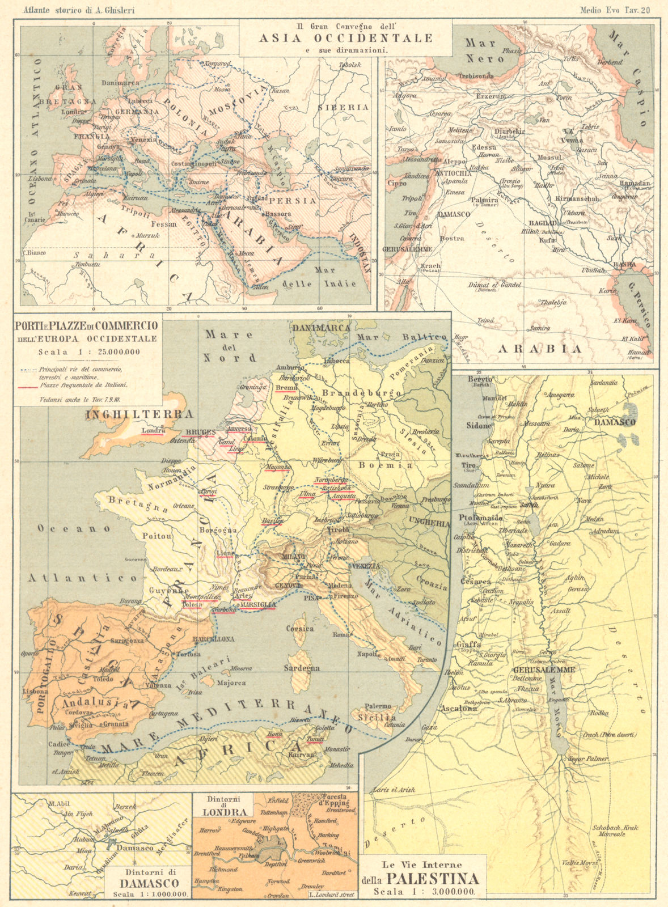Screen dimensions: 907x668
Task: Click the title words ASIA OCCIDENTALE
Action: coord(346,39)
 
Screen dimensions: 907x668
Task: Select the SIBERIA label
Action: coord(343,107)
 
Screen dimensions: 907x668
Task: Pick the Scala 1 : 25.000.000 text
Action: coord(88,351)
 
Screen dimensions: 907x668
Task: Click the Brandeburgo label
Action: coord(362,393)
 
